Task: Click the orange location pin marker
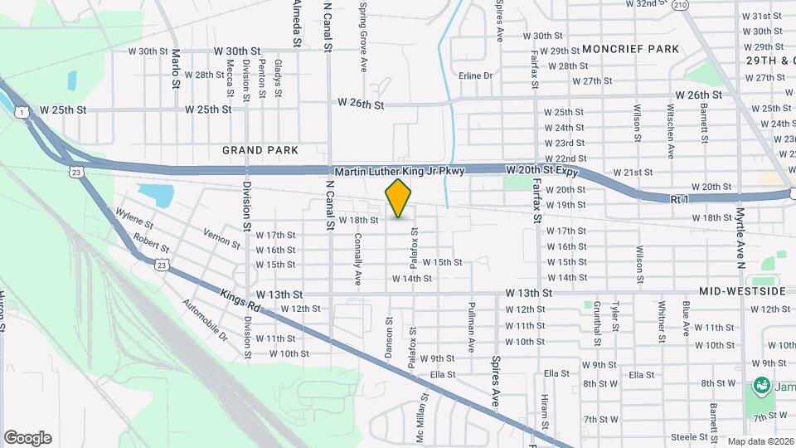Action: [399, 198]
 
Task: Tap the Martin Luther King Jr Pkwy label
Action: [396, 170]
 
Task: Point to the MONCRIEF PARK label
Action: [630, 49]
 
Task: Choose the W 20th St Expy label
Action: [541, 169]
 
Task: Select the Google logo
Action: [27, 437]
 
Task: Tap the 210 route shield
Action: [681, 5]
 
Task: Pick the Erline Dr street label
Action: [476, 75]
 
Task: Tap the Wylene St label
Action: [135, 218]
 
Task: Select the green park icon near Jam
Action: [759, 386]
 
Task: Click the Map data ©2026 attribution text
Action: [760, 441]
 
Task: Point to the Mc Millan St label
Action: [420, 419]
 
